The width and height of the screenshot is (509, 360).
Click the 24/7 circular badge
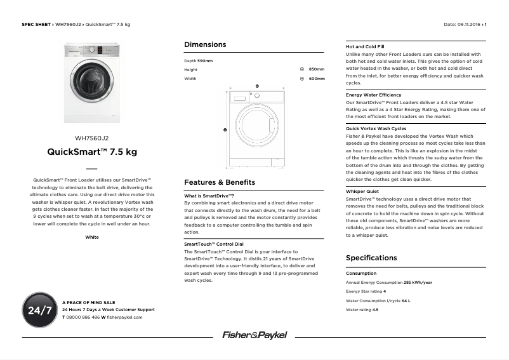pos(39,310)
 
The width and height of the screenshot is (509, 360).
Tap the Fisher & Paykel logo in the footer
pos(254,335)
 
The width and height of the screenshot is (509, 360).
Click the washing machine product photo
pos(92,83)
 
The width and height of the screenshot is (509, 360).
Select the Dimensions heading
pos(204,44)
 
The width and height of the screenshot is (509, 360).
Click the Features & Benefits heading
pos(219,182)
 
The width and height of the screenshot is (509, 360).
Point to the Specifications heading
pos(371,258)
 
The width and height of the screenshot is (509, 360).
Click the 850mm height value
pos(316,69)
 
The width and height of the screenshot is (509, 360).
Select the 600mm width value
pos(316,79)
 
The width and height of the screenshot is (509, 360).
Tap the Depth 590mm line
pos(198,60)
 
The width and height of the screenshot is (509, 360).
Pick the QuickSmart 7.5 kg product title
pos(92,152)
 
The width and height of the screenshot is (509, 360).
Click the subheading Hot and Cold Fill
pos(364,46)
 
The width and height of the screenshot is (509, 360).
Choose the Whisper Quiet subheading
pos(362,191)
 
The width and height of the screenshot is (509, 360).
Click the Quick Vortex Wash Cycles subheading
pos(376,128)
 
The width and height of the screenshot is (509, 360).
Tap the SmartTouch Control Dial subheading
pos(213,244)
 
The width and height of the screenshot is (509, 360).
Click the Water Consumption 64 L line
pos(378,300)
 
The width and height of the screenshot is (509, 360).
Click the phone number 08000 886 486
pos(83,317)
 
